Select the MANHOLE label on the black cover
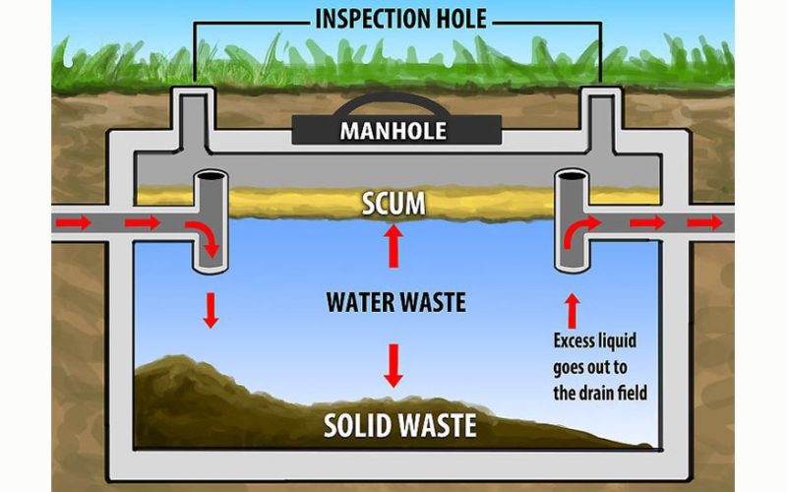[393, 130]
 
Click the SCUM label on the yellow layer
[393, 204]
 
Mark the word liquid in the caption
[627, 340]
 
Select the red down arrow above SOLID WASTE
[393, 364]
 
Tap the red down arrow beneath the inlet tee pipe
[208, 308]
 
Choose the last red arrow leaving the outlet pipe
[704, 223]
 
